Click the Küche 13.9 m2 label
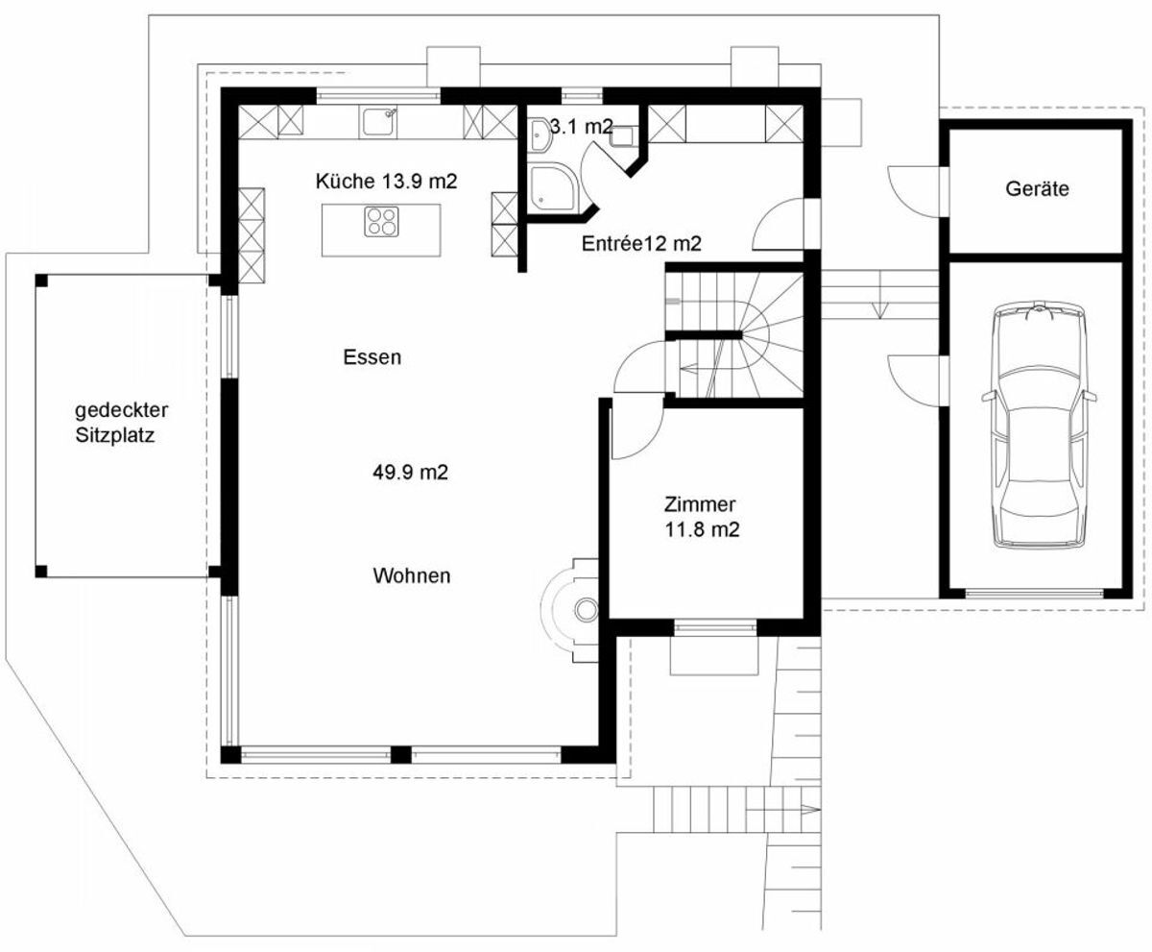(386, 182)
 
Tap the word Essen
(372, 357)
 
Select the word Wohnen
(412, 576)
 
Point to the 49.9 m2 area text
(411, 473)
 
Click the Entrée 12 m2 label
(641, 243)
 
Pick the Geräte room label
(1037, 189)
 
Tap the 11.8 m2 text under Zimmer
(702, 529)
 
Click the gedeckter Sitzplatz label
(121, 423)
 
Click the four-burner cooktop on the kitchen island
(381, 222)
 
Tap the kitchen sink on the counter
(378, 121)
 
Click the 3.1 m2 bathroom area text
(582, 127)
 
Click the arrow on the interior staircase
(695, 368)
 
